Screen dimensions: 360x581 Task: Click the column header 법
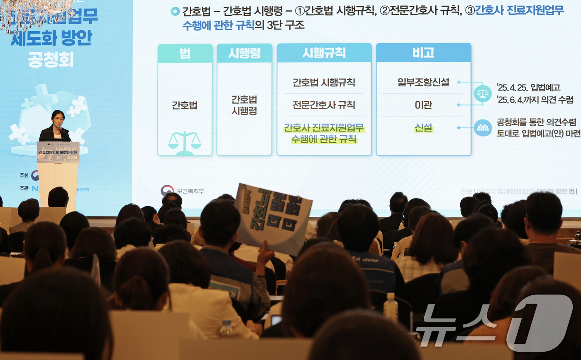pyautogui.click(x=185, y=54)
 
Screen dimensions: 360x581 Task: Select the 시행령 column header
pyautogui.click(x=244, y=53)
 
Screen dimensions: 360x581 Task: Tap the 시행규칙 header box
pyautogui.click(x=324, y=53)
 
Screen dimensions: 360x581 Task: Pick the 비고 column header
pyautogui.click(x=423, y=53)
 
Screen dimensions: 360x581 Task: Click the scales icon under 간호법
pyautogui.click(x=185, y=142)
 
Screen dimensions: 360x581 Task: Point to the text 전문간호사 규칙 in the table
pyautogui.click(x=324, y=105)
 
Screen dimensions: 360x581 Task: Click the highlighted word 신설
pyautogui.click(x=423, y=128)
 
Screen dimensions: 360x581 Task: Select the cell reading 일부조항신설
pyautogui.click(x=423, y=82)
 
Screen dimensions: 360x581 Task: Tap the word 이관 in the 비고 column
pyautogui.click(x=423, y=105)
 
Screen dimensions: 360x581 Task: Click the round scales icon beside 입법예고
pyautogui.click(x=483, y=93)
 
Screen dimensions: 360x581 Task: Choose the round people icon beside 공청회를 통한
pyautogui.click(x=483, y=128)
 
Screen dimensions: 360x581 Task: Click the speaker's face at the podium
pyautogui.click(x=58, y=119)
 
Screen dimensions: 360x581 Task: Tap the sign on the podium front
pyautogui.click(x=58, y=152)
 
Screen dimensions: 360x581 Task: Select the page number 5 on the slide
pyautogui.click(x=573, y=191)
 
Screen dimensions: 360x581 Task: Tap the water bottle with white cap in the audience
pyautogui.click(x=391, y=308)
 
